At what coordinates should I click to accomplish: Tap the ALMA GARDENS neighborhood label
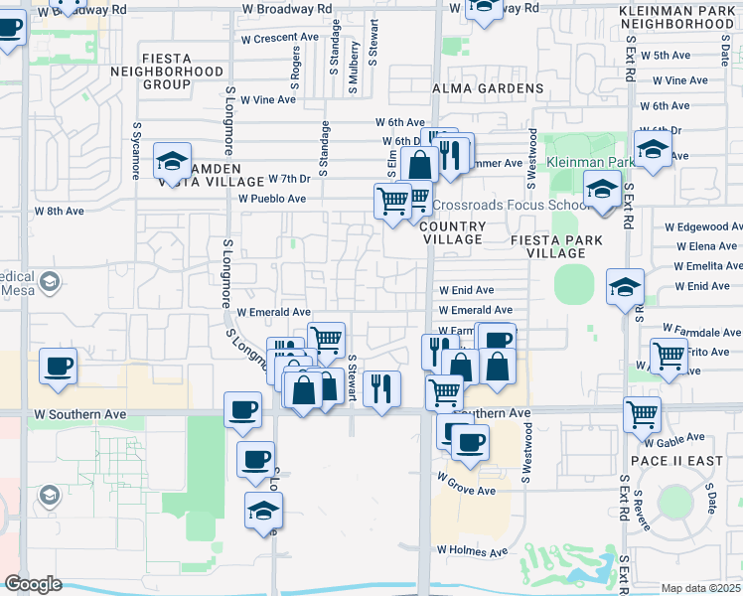point(488,88)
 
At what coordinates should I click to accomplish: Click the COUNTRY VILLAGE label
point(453,233)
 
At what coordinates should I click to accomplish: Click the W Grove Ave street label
point(466,491)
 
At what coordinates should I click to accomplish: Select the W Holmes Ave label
point(472,551)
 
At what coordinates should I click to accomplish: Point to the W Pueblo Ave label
point(272,199)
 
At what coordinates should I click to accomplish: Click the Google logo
point(33,584)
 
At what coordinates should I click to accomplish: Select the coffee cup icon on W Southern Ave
point(242,410)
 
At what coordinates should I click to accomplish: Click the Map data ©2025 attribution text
point(701,588)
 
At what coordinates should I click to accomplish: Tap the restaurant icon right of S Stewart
point(381,388)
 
